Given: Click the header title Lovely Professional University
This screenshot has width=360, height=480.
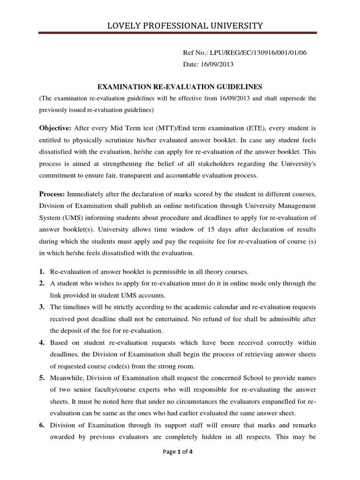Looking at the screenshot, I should click(x=180, y=25).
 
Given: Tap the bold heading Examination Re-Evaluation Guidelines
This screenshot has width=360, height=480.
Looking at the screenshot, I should click(x=180, y=87).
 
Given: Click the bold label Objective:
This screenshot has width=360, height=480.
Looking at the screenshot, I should click(x=54, y=128).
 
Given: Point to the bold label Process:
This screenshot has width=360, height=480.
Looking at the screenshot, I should click(x=52, y=194).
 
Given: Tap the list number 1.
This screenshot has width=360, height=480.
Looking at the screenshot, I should click(x=42, y=272).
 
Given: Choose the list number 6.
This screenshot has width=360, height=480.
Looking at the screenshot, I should click(x=42, y=426).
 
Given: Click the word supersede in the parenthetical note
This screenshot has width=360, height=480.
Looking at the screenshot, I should click(x=295, y=98).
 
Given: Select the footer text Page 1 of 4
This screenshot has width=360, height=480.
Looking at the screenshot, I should click(x=180, y=465).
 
